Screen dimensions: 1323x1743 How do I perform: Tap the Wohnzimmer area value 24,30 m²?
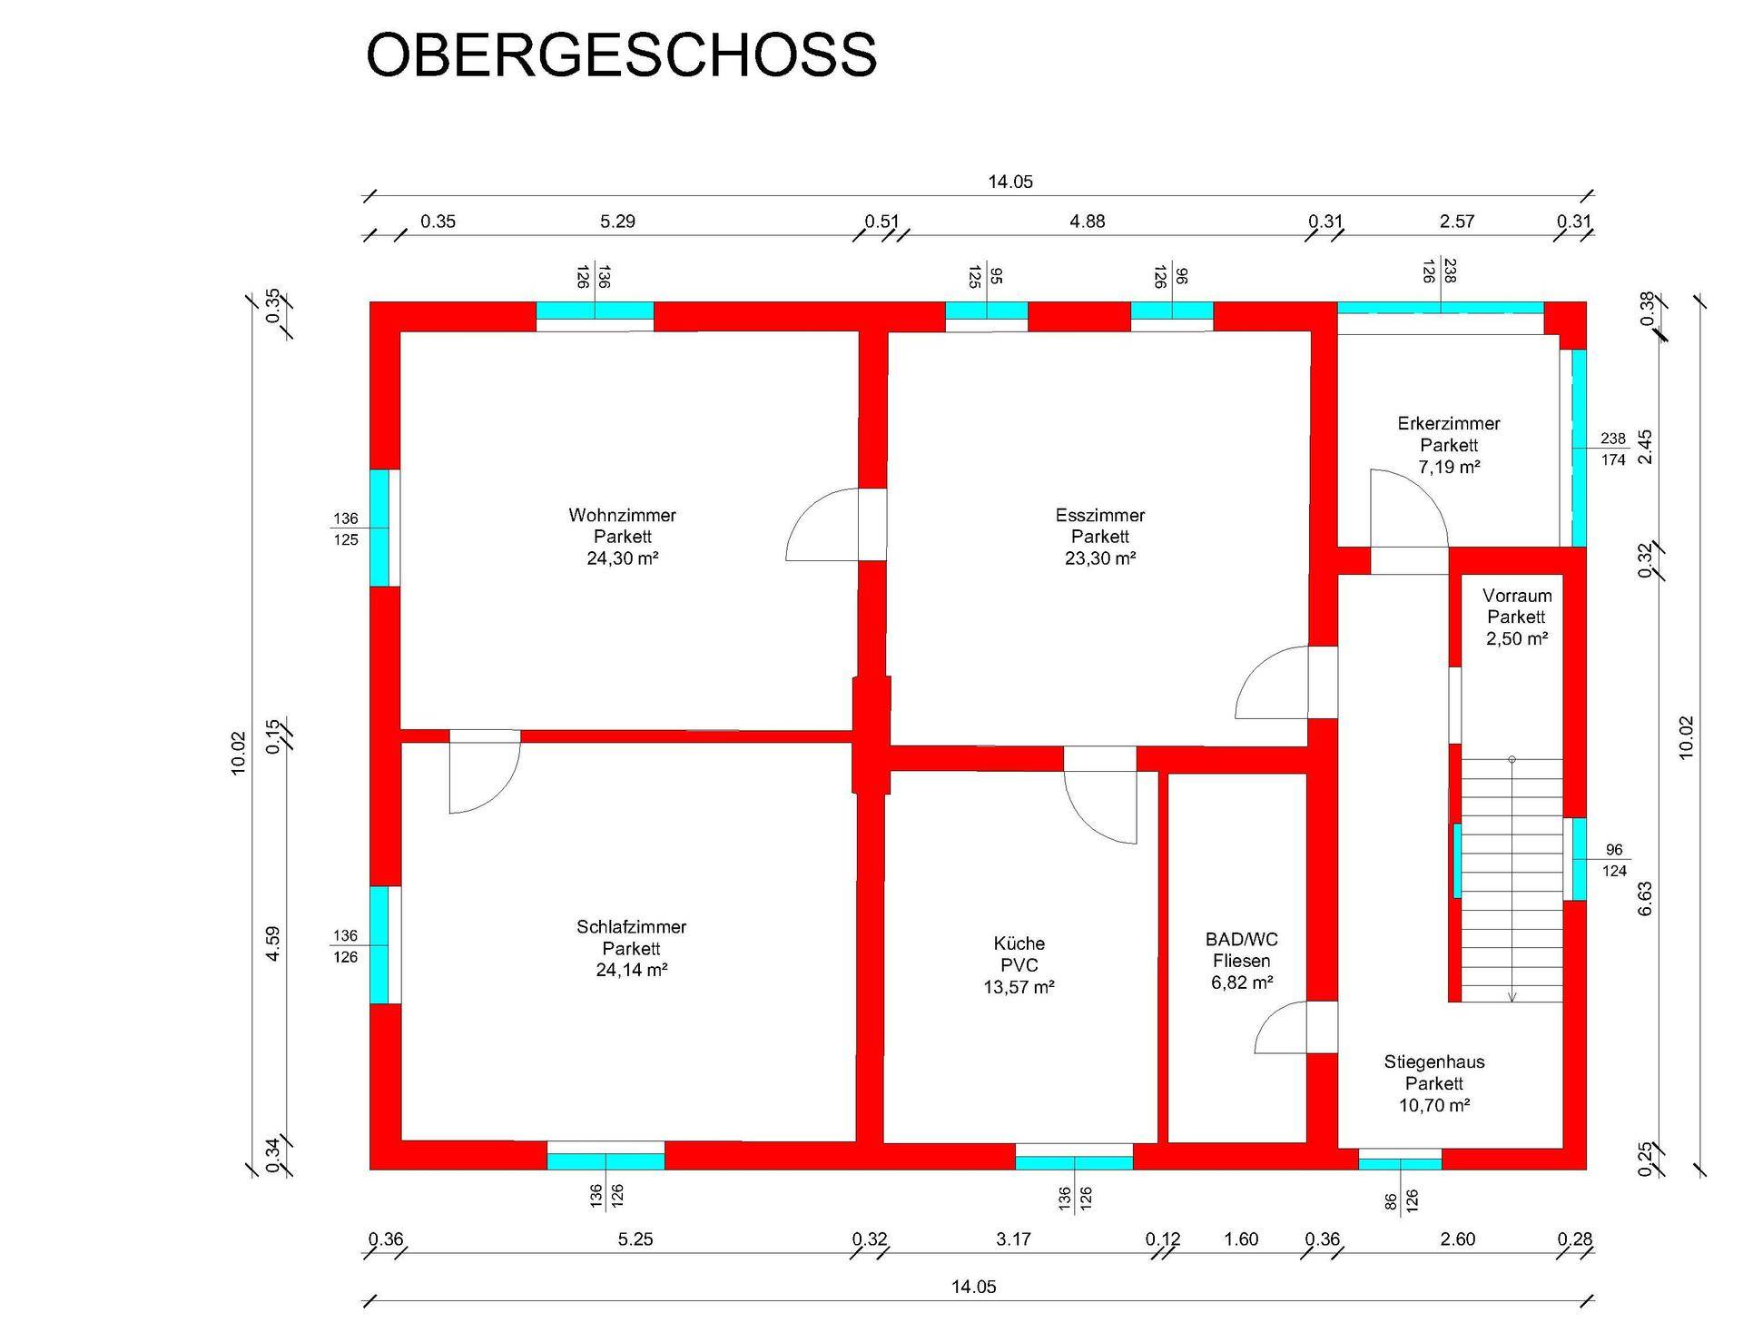click(x=622, y=558)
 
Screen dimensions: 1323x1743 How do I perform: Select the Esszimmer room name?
click(x=1099, y=515)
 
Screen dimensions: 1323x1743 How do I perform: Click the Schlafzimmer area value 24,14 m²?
click(x=631, y=970)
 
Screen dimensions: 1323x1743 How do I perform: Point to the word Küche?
click(x=1019, y=943)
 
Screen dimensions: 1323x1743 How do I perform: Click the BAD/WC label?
click(x=1241, y=939)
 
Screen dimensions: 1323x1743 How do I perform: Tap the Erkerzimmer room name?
click(x=1448, y=423)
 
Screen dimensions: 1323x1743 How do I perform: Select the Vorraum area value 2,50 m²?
click(x=1516, y=638)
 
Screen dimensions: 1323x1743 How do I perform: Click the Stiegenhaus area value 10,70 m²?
click(x=1433, y=1105)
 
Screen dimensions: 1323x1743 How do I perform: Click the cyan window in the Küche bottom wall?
click(x=1074, y=1161)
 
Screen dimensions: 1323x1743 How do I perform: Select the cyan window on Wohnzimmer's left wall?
click(x=379, y=528)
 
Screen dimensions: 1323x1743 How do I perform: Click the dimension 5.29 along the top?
click(x=617, y=222)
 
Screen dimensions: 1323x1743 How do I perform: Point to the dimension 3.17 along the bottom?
click(x=1013, y=1239)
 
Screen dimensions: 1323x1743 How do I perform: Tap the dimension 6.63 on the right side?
click(x=1645, y=898)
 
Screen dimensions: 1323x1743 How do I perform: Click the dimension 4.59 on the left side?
click(x=273, y=943)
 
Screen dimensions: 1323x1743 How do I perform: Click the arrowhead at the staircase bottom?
click(x=1512, y=997)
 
